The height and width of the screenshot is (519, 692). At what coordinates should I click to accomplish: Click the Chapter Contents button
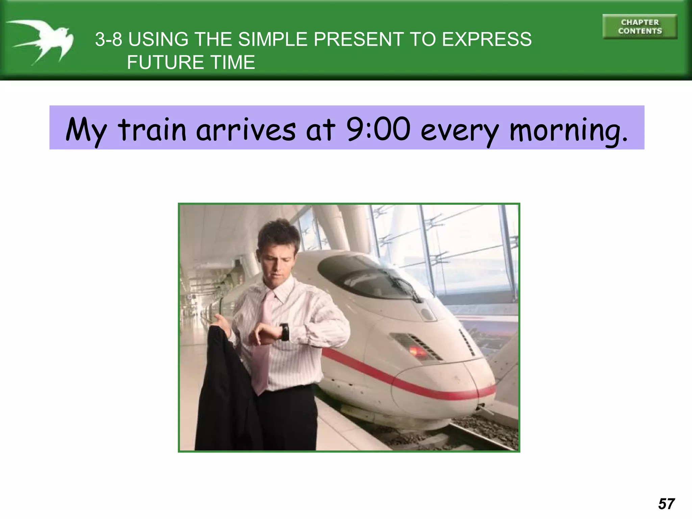coord(640,27)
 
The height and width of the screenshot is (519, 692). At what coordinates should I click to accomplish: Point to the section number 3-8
coord(108,39)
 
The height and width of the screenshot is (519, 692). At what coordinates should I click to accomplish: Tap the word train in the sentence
coord(152,129)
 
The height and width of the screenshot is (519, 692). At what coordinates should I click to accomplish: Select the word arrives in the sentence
coord(246,129)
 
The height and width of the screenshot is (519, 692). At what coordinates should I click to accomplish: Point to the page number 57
coord(666,504)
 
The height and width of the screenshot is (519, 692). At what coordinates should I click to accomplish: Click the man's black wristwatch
coord(285,332)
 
